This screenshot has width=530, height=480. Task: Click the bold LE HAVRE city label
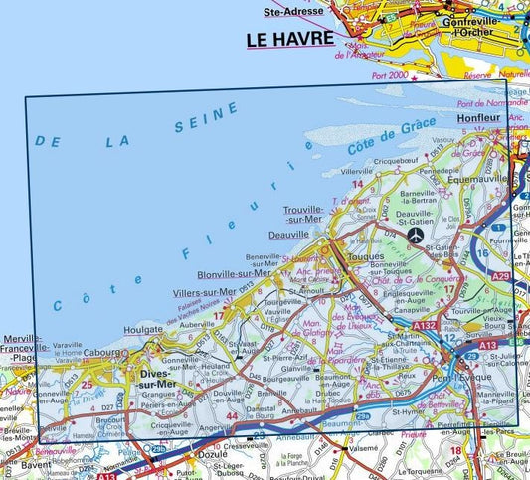pos(283,40)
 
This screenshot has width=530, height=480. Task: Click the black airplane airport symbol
pos(416,235)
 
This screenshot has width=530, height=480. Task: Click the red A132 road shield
pos(425,324)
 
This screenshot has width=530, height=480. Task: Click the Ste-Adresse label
pos(286,12)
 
